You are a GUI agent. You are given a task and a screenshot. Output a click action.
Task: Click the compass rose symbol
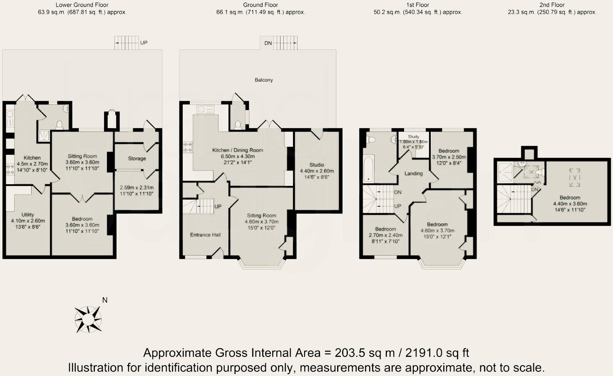pyautogui.click(x=88, y=319)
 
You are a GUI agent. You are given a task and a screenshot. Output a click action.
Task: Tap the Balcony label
pyautogui.click(x=264, y=80)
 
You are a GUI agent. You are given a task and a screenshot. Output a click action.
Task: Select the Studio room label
pyautogui.click(x=317, y=165)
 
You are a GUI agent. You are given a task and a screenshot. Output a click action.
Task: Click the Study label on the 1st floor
pyautogui.click(x=413, y=136)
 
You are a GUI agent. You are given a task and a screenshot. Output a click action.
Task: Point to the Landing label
pyautogui.click(x=413, y=173)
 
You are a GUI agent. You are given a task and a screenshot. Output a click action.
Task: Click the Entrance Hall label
pyautogui.click(x=205, y=235)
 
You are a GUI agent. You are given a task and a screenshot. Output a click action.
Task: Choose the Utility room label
pyautogui.click(x=28, y=215)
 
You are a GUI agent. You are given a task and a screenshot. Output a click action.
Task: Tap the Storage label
pyautogui.click(x=137, y=158)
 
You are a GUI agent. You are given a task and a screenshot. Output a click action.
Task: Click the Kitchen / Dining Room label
pyautogui.click(x=238, y=150)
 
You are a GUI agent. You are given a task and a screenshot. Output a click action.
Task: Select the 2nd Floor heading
pyautogui.click(x=552, y=5)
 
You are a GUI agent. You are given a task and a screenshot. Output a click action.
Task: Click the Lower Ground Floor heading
pyautogui.click(x=82, y=5)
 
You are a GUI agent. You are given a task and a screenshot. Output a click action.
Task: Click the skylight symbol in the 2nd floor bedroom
pyautogui.click(x=574, y=177)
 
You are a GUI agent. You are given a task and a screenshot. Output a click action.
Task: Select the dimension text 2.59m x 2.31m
pyautogui.click(x=136, y=188)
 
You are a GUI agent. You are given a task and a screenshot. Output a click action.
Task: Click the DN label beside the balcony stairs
pyautogui.click(x=268, y=43)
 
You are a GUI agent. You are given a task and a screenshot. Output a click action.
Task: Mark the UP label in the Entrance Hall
pyautogui.click(x=218, y=206)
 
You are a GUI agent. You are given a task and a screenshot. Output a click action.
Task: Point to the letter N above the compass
pyautogui.click(x=105, y=300)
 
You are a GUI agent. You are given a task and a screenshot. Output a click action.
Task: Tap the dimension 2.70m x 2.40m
pyautogui.click(x=385, y=235)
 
